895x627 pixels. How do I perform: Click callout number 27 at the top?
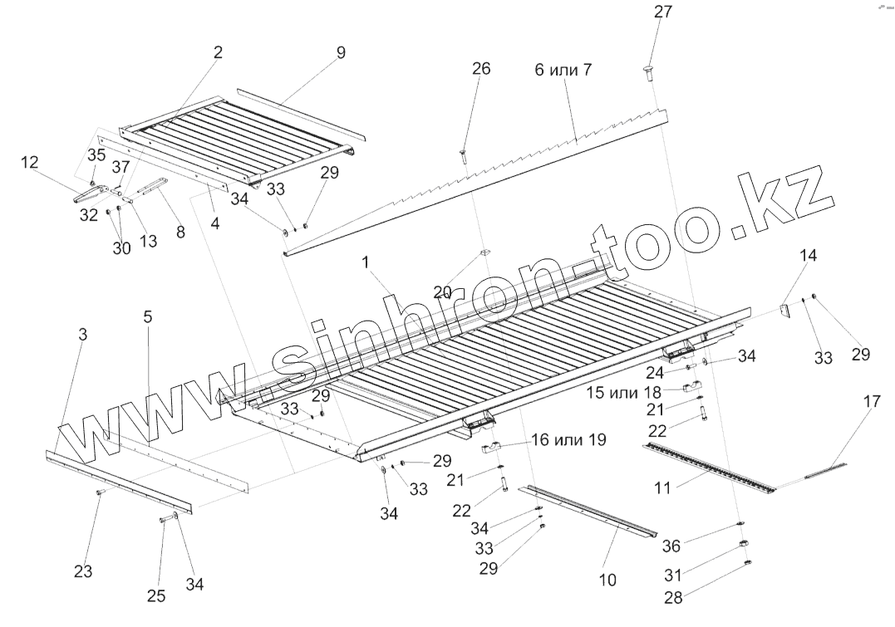(x=663, y=12)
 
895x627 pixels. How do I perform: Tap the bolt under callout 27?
(x=650, y=73)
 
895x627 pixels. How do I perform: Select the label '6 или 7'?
(x=563, y=70)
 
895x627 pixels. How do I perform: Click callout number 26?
(x=481, y=69)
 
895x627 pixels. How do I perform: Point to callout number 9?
(x=341, y=52)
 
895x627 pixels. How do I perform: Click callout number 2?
(x=218, y=52)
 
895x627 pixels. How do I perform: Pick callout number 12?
(x=30, y=163)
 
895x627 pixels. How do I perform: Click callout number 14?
(x=809, y=256)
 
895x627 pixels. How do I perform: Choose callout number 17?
(x=872, y=402)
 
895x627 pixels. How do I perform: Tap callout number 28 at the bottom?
(x=674, y=598)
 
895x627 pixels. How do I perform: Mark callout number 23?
(x=82, y=571)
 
